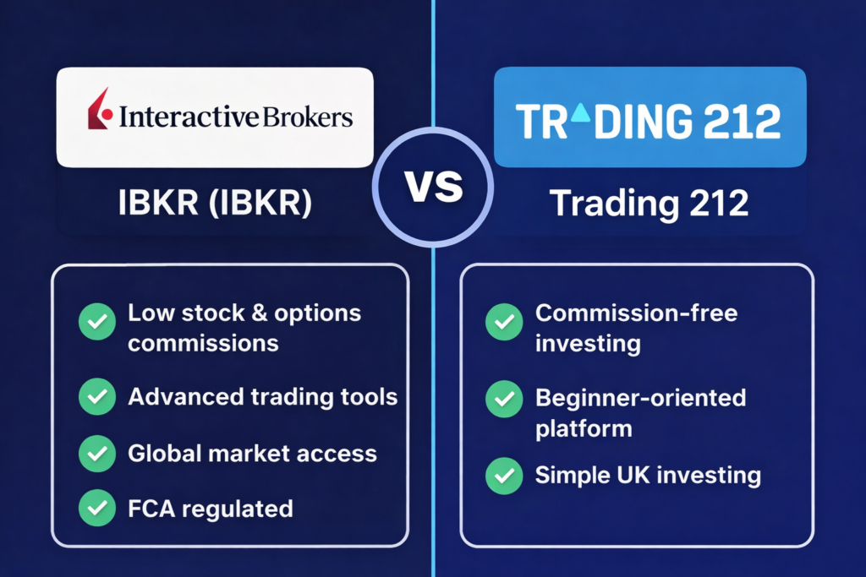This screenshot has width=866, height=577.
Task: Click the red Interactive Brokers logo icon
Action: point(99,110)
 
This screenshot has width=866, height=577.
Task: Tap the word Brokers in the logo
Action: point(307,117)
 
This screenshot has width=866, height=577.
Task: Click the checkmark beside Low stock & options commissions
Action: point(96,322)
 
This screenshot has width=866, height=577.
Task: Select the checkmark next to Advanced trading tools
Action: point(96,396)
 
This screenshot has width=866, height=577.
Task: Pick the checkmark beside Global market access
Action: point(96,453)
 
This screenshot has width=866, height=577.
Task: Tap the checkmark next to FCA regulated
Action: point(96,509)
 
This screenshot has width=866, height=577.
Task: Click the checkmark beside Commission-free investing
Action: point(503,322)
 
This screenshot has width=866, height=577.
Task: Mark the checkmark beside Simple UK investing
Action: point(503,475)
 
